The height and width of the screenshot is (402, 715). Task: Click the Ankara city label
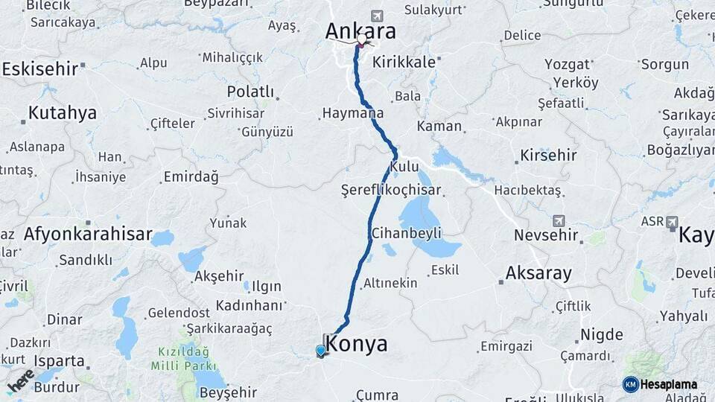[x=360, y=31]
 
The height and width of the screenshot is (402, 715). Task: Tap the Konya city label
[x=357, y=344]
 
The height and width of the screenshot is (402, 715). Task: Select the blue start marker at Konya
[x=321, y=350]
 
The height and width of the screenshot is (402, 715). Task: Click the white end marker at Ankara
[x=362, y=39]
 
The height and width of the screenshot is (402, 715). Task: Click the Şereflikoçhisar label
[x=391, y=189]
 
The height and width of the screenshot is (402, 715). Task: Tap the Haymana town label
[x=352, y=114]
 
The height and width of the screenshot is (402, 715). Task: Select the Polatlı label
[x=250, y=92]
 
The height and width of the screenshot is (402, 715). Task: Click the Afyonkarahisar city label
[x=88, y=234]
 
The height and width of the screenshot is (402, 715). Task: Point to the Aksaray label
[x=538, y=273]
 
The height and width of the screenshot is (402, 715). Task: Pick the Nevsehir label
[x=546, y=235]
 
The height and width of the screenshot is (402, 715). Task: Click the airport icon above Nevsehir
[x=559, y=221]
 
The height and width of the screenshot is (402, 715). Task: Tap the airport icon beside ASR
[x=672, y=222]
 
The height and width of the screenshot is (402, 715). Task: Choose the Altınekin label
[x=390, y=284]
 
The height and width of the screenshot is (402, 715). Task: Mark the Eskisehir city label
[x=40, y=69]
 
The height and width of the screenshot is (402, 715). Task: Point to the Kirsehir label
[x=549, y=156]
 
